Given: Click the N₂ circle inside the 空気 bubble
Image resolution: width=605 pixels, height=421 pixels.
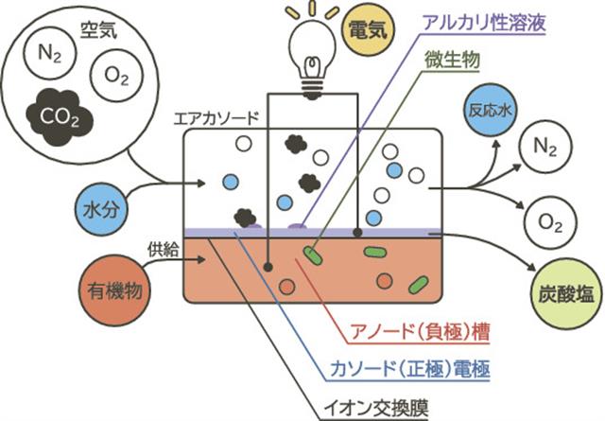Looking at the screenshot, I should [x=48, y=58].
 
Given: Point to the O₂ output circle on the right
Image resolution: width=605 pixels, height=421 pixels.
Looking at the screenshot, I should [x=544, y=219].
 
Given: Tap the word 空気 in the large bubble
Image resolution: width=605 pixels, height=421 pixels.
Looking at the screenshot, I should [x=77, y=21].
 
